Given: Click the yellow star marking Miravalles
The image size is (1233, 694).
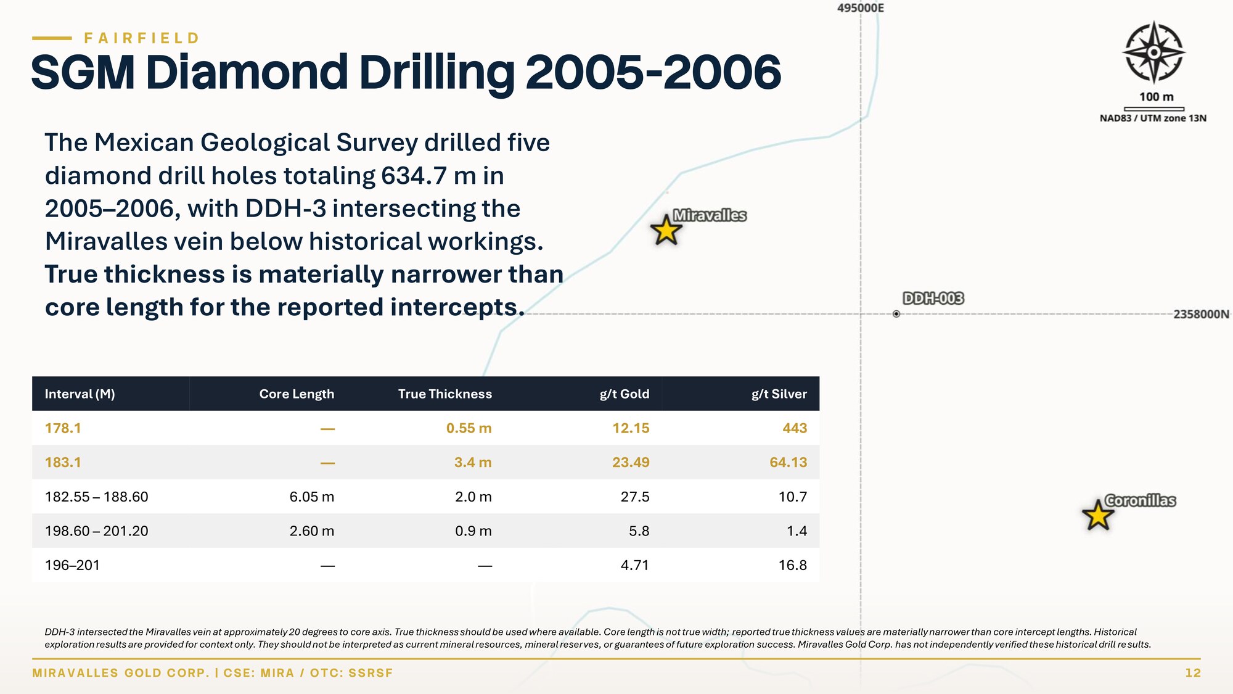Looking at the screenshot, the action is (x=666, y=230).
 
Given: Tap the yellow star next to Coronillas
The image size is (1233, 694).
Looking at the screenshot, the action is (x=1098, y=515).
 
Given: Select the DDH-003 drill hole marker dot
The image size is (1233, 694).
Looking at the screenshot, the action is (x=896, y=314).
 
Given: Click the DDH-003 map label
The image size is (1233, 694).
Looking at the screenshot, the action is (x=933, y=299).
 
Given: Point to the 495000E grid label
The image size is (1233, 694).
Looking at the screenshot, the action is (x=861, y=8).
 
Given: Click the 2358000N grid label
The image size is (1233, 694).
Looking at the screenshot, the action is (x=1201, y=314).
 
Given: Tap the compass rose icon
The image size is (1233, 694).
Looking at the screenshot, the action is (x=1153, y=52).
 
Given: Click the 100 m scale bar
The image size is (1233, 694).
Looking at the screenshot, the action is (x=1154, y=109).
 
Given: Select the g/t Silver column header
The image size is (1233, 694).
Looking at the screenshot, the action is (x=779, y=394).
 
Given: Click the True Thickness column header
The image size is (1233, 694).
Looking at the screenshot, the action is (x=445, y=394).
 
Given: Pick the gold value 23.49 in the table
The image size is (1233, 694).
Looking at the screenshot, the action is (x=631, y=463).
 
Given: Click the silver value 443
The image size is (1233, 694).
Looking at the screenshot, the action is (x=795, y=428).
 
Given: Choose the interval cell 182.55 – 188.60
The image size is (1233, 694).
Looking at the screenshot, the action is (x=97, y=497).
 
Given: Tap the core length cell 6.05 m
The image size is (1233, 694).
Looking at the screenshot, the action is (x=312, y=497).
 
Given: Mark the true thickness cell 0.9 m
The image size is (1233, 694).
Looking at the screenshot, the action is (x=473, y=531).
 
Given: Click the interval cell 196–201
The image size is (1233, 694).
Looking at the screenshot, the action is (x=72, y=565).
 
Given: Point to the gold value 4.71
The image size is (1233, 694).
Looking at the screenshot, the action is (x=635, y=565).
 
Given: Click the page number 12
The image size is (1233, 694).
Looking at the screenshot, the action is (x=1193, y=673).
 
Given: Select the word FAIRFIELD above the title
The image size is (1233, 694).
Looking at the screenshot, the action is (x=142, y=38).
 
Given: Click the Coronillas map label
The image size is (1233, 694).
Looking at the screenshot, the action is (x=1140, y=500).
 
